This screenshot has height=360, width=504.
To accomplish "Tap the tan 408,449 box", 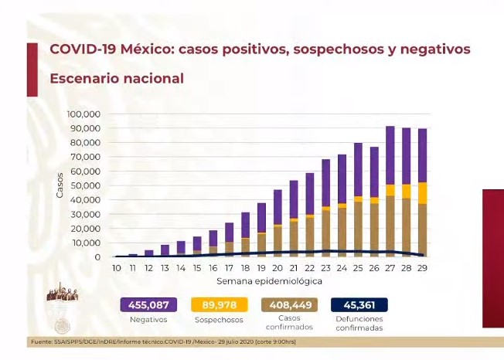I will (290, 305).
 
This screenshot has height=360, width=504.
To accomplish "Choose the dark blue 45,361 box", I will (359, 305).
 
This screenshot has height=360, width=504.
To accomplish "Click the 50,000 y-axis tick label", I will (86, 185).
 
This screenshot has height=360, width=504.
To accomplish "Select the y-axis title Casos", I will (60, 185).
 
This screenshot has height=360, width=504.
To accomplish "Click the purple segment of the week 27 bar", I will (390, 155).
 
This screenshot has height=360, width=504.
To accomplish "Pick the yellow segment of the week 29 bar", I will (423, 192).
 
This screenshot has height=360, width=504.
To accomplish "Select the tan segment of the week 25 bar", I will (358, 228).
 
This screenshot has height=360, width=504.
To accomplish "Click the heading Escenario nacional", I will (117, 79).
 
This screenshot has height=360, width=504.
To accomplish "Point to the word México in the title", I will (145, 49).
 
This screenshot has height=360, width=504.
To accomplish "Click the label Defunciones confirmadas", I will (359, 324).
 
